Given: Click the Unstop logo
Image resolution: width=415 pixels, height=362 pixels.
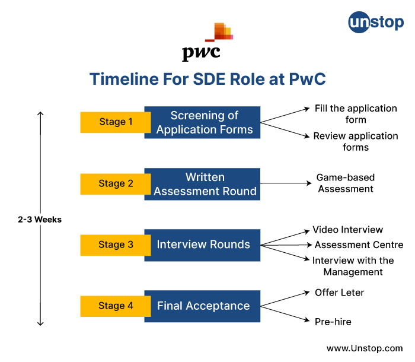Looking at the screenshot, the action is pyautogui.click(x=376, y=23).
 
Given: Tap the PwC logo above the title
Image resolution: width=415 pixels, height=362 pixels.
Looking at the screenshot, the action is pyautogui.click(x=207, y=42).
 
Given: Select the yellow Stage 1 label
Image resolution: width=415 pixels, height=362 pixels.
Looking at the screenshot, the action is pyautogui.click(x=116, y=122).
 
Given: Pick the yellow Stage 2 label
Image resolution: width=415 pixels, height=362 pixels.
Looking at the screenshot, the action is pyautogui.click(x=116, y=184).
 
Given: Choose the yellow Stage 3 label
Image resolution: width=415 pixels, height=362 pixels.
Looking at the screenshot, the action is pyautogui.click(x=116, y=245).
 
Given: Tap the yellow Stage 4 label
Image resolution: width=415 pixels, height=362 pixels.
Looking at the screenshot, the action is pyautogui.click(x=116, y=306).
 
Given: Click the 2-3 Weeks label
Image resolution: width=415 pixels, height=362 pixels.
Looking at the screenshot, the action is pyautogui.click(x=40, y=220).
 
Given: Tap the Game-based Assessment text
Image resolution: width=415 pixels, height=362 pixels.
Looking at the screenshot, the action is pyautogui.click(x=346, y=183).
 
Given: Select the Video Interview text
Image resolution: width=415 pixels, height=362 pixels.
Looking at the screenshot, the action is pyautogui.click(x=347, y=230).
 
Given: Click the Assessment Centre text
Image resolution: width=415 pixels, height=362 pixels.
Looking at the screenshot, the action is pyautogui.click(x=359, y=244).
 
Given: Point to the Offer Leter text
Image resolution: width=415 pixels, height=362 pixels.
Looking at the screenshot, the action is pyautogui.click(x=339, y=293).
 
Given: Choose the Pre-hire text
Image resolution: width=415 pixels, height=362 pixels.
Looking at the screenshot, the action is pyautogui.click(x=333, y=322).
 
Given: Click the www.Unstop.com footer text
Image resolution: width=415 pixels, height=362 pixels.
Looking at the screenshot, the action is pyautogui.click(x=365, y=348).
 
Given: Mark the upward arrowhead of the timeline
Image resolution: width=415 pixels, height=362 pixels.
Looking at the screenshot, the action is pyautogui.click(x=40, y=114).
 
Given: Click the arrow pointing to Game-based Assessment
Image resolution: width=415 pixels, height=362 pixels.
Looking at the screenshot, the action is pyautogui.click(x=286, y=183).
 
